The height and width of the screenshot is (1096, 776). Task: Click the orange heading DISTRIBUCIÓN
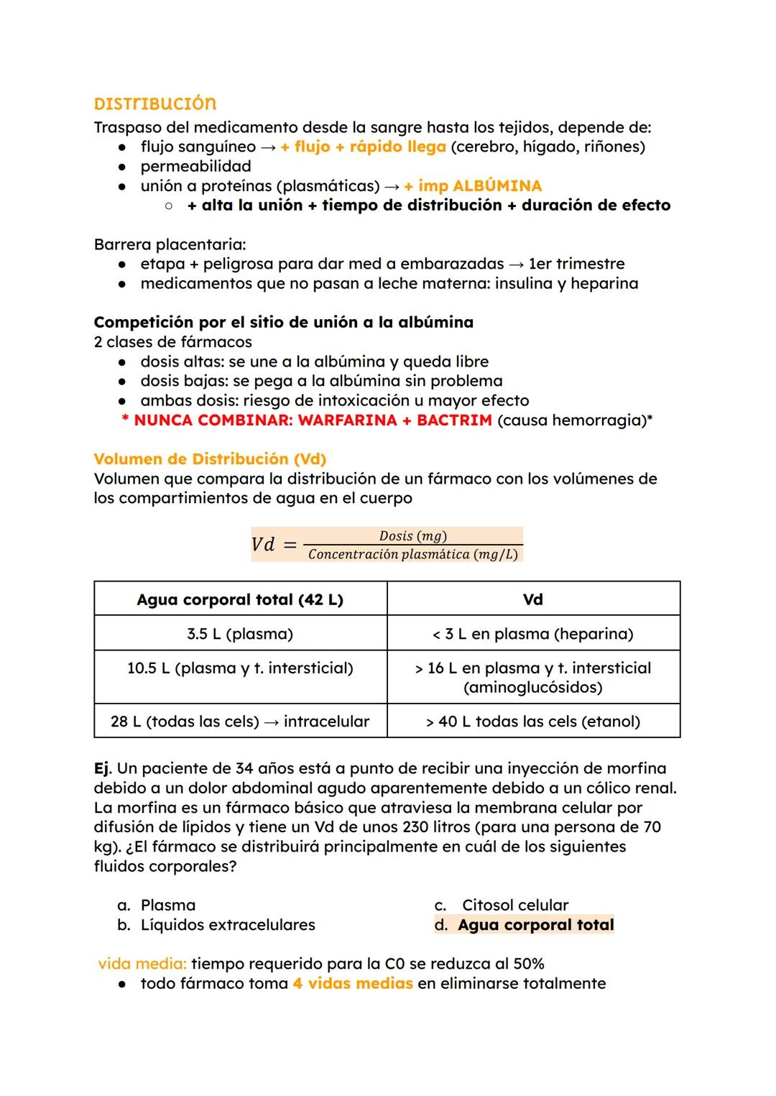[x=154, y=103]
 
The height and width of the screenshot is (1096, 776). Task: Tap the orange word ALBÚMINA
[x=497, y=186]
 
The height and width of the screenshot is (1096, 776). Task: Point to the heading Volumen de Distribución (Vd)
[x=210, y=459]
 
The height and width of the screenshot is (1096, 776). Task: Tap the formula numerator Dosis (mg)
[x=412, y=536]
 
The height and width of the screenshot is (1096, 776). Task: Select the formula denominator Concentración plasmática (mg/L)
[x=412, y=555]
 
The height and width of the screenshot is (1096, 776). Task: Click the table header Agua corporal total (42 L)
[x=240, y=599]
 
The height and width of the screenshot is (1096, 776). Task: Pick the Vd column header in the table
[x=532, y=599]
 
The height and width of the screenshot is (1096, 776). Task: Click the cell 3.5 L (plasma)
[x=240, y=634]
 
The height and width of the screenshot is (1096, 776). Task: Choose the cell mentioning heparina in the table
[x=532, y=634]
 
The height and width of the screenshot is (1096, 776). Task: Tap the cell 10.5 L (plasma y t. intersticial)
[x=240, y=668]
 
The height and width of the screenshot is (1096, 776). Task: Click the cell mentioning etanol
[x=532, y=722]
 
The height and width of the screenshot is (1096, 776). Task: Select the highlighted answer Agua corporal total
[x=535, y=925]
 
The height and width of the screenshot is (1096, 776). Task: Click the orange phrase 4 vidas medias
[x=352, y=984]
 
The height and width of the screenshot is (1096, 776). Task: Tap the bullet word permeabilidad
[x=195, y=167]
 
